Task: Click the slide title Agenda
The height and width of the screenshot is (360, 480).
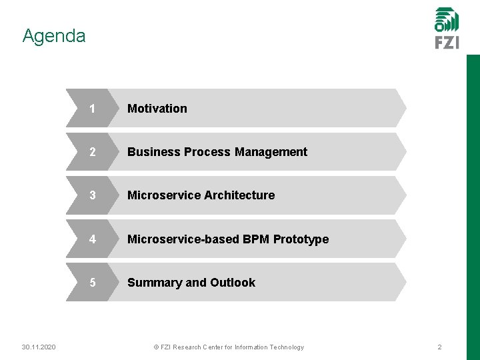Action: click(x=54, y=35)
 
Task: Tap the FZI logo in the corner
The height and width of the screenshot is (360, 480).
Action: click(x=447, y=28)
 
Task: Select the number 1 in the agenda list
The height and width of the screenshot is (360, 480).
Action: click(x=92, y=108)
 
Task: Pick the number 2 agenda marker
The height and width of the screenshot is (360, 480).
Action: click(x=92, y=152)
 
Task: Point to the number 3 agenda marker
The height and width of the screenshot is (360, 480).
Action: click(x=92, y=195)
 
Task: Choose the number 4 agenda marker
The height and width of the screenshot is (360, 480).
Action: click(x=92, y=239)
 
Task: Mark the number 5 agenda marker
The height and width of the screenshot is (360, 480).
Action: click(x=92, y=283)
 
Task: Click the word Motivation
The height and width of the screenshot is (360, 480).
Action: click(x=157, y=108)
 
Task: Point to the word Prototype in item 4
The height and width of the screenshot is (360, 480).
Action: click(x=301, y=239)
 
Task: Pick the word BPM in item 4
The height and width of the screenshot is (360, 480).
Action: click(x=254, y=239)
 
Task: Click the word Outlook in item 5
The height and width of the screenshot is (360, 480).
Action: click(x=233, y=283)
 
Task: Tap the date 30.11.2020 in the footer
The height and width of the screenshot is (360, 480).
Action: click(x=39, y=347)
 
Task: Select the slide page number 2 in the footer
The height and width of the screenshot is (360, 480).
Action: click(x=439, y=347)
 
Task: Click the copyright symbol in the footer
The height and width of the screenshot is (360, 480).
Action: click(x=156, y=347)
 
